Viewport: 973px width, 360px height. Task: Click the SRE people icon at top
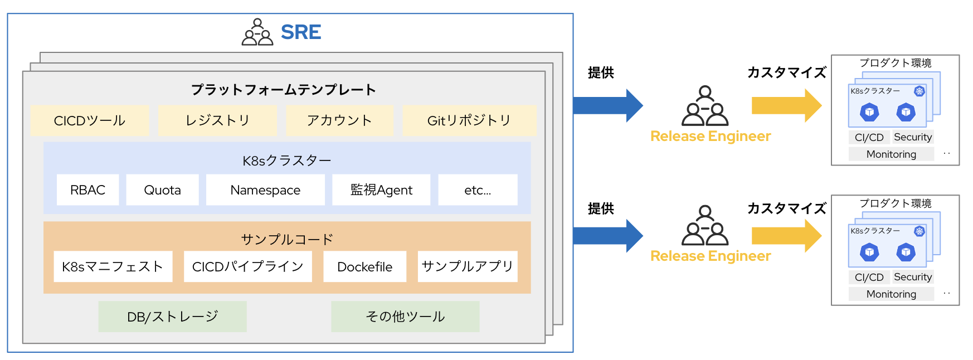point(257,32)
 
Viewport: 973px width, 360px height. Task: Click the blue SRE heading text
point(300,32)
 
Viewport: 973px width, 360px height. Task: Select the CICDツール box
point(90,120)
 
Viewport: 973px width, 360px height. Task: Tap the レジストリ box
point(217,120)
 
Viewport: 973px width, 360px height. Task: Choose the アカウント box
point(339,120)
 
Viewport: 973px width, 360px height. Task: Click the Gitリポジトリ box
point(469,120)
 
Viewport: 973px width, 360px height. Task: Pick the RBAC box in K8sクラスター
point(87,190)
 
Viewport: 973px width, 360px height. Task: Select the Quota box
point(162,190)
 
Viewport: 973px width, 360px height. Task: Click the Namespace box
point(265,190)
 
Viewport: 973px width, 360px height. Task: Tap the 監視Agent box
point(381,190)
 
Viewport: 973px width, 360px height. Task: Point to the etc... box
point(478,190)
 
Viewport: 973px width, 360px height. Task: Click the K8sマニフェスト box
point(113,266)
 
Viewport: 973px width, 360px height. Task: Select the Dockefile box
point(364,266)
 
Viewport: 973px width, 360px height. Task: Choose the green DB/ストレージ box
point(172,317)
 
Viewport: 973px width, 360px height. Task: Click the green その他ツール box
point(405,317)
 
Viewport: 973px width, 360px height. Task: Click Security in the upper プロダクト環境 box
point(912,137)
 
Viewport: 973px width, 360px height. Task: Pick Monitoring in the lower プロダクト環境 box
point(891,294)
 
